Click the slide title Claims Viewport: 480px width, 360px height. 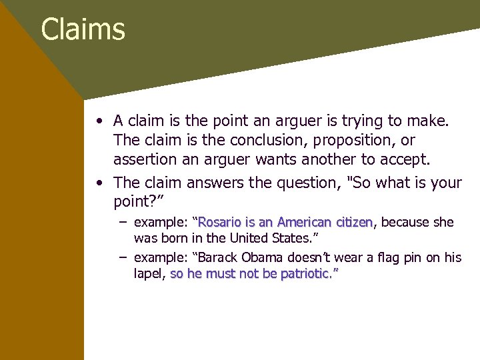83,29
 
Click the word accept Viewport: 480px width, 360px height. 425,160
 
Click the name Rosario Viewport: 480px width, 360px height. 219,222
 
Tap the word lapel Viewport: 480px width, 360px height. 149,274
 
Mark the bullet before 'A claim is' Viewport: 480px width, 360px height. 99,122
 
